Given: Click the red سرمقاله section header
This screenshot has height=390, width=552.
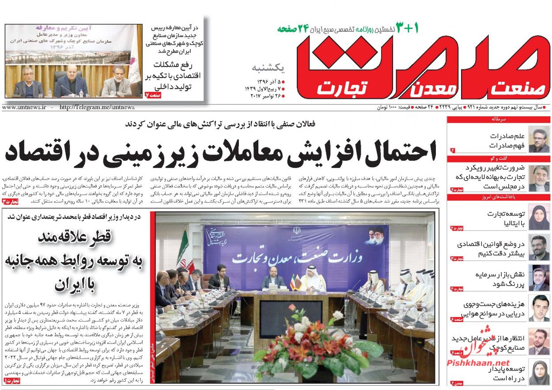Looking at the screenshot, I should tap(498, 119).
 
